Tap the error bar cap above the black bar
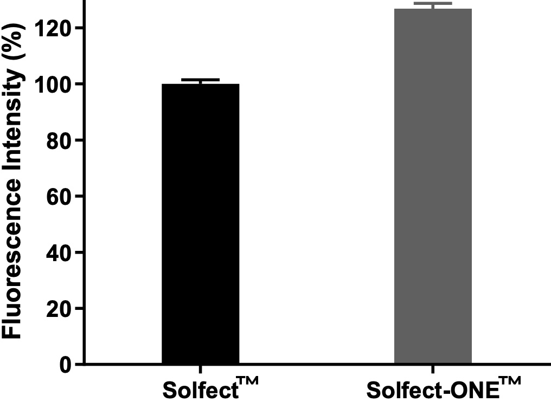click(x=200, y=80)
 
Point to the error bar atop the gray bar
click(x=433, y=4)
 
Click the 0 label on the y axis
click(x=65, y=364)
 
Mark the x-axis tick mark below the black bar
click(x=200, y=369)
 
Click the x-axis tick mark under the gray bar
click(x=433, y=369)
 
